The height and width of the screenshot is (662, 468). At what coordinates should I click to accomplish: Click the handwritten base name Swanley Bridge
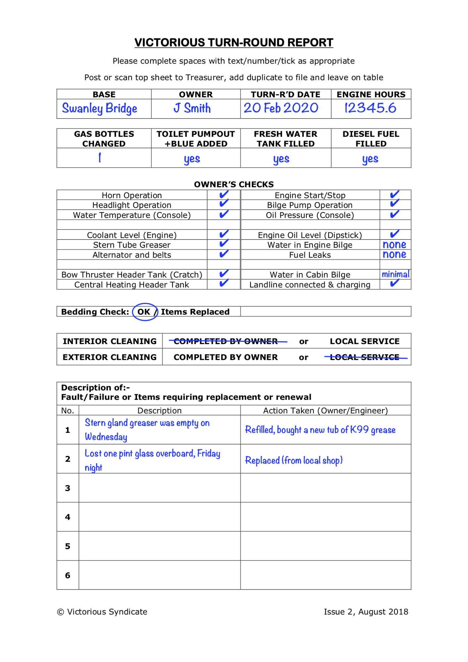click(99, 108)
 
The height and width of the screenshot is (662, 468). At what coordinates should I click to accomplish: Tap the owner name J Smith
click(192, 108)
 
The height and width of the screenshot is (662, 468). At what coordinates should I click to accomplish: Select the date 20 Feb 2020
click(281, 108)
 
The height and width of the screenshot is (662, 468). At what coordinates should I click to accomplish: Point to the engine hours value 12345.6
click(370, 108)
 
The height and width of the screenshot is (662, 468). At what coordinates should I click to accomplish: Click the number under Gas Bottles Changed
click(100, 158)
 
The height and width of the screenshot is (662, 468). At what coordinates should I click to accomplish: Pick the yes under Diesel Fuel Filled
click(370, 159)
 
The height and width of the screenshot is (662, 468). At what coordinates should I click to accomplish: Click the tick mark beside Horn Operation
click(224, 194)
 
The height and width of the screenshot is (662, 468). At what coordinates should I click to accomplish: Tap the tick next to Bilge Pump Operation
click(394, 203)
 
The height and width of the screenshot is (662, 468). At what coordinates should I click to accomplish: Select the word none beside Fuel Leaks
click(394, 254)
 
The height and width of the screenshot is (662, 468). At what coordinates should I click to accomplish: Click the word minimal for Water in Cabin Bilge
click(395, 274)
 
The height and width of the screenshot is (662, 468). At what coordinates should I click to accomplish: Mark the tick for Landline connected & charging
click(394, 283)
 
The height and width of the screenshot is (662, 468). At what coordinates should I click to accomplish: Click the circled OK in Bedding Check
click(144, 312)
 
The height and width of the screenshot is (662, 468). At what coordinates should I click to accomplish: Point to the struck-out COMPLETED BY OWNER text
click(226, 341)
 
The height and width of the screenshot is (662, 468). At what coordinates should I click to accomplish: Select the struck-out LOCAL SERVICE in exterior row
click(365, 357)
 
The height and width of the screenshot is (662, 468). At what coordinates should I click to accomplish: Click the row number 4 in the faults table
click(68, 517)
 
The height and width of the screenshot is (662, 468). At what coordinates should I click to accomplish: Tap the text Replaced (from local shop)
click(294, 460)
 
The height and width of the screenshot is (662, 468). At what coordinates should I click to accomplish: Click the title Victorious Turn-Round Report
click(234, 43)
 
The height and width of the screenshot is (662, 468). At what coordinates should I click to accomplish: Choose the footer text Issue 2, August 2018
click(366, 612)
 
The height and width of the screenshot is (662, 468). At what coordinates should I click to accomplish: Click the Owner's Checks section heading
click(234, 184)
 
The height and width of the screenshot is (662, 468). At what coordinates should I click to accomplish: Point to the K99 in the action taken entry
click(359, 430)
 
